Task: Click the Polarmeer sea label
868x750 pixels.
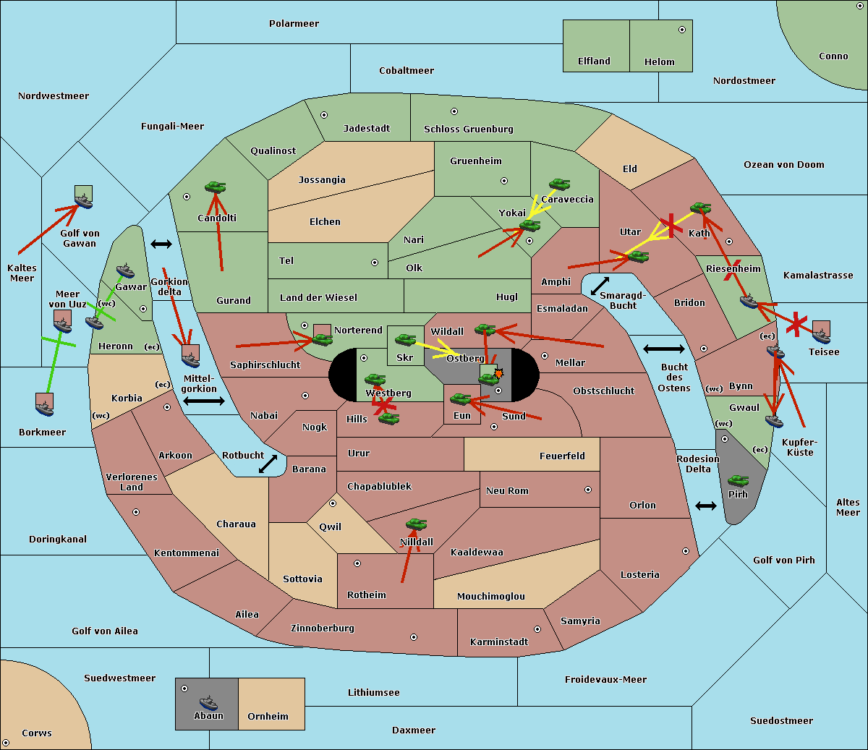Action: [x=294, y=24]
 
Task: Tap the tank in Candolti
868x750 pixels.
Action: [x=216, y=187]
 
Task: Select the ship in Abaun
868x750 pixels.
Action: [x=209, y=702]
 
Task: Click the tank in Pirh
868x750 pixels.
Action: [x=739, y=480]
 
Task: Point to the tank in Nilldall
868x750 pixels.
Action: [x=417, y=524]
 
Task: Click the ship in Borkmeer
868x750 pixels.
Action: [x=45, y=408]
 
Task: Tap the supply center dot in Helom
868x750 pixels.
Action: [x=682, y=30]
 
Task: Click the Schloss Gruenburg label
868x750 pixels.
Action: [x=469, y=129]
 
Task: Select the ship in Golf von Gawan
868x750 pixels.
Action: [x=84, y=200]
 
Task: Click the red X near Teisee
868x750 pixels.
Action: [x=796, y=324]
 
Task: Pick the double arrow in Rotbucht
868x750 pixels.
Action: [x=268, y=464]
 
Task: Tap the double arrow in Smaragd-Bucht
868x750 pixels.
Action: [x=600, y=286]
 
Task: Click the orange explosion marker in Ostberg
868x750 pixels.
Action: [x=498, y=373]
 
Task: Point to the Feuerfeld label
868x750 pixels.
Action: [x=562, y=456]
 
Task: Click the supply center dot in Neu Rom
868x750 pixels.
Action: [x=588, y=490]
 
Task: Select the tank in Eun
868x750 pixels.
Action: [x=461, y=399]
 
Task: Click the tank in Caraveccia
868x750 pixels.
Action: [x=560, y=184]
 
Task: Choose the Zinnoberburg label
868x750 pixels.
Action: [x=323, y=628]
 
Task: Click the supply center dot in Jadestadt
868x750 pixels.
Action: [x=324, y=115]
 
